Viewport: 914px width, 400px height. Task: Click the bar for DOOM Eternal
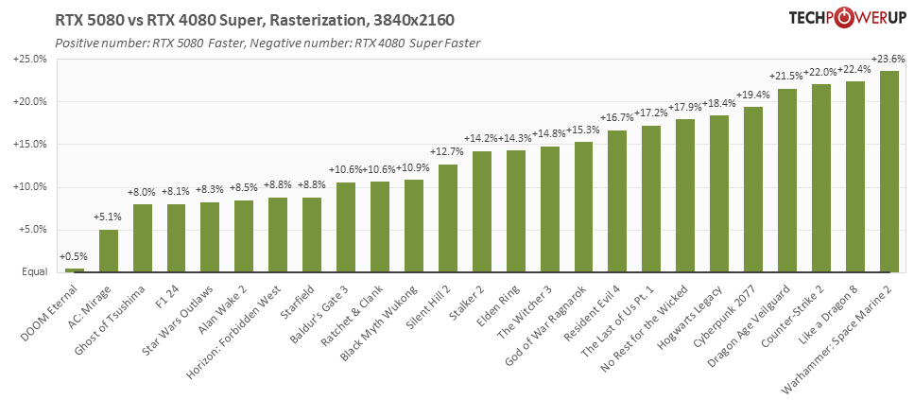[75, 270]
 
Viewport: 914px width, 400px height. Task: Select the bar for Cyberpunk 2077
[753, 189]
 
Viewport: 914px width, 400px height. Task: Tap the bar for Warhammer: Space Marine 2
[888, 171]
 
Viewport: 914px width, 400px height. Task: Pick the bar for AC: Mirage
[109, 251]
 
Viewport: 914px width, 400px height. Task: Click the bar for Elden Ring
[516, 211]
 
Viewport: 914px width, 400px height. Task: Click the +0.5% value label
[75, 256]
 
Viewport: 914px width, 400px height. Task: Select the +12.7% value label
[448, 152]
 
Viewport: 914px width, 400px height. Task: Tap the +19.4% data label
[753, 96]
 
